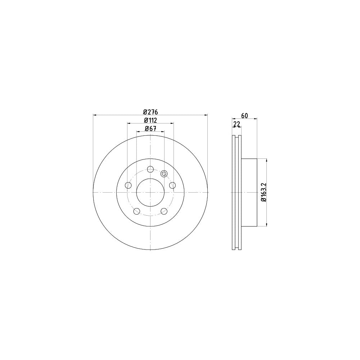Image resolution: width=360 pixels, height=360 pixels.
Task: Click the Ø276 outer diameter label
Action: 150,112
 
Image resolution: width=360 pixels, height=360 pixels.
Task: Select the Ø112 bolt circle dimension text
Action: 150,120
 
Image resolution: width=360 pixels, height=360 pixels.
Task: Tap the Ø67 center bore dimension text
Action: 150,129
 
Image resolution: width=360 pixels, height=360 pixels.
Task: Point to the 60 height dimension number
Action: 245,116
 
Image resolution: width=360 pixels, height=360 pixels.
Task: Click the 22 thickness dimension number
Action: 237,124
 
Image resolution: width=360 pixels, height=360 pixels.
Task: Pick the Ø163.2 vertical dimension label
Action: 264,192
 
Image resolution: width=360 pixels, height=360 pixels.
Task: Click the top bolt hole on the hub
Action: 150,170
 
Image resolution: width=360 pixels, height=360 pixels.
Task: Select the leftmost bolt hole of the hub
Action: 128,185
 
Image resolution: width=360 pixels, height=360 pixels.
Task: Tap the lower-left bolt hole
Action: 136,211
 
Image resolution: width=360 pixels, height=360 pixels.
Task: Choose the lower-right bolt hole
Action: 164,211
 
